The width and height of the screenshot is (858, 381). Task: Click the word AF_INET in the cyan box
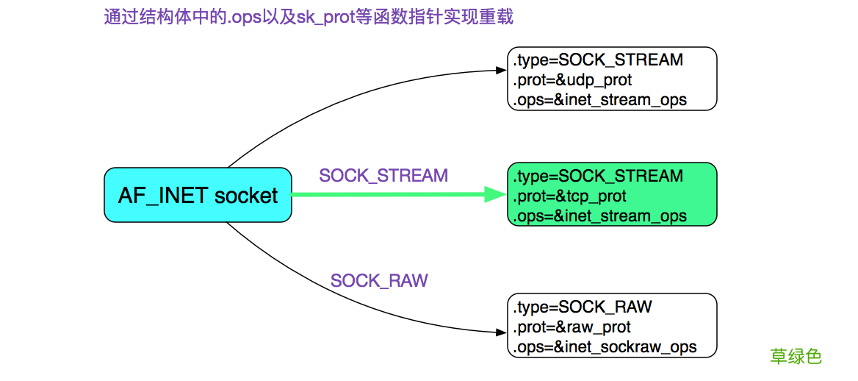click(163, 196)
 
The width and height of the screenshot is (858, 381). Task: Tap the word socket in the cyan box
click(246, 196)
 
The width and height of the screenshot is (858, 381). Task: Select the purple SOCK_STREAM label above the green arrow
click(383, 176)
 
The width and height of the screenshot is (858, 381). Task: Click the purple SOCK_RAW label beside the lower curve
click(379, 281)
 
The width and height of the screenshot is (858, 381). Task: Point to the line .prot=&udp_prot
click(572, 79)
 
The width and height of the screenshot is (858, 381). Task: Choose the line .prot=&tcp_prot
click(570, 196)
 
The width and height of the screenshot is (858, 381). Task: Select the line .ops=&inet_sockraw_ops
click(605, 346)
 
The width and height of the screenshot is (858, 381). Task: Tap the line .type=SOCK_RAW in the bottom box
click(583, 307)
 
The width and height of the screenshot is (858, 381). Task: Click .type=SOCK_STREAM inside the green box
click(598, 177)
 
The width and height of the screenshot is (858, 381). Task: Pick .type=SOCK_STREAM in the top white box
click(598, 60)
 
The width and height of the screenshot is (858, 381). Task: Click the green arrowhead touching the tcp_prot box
click(497, 195)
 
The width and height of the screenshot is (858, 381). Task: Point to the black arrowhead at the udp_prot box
click(502, 71)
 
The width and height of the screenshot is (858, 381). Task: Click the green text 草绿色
click(796, 357)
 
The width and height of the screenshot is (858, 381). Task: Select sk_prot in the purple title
click(326, 17)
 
